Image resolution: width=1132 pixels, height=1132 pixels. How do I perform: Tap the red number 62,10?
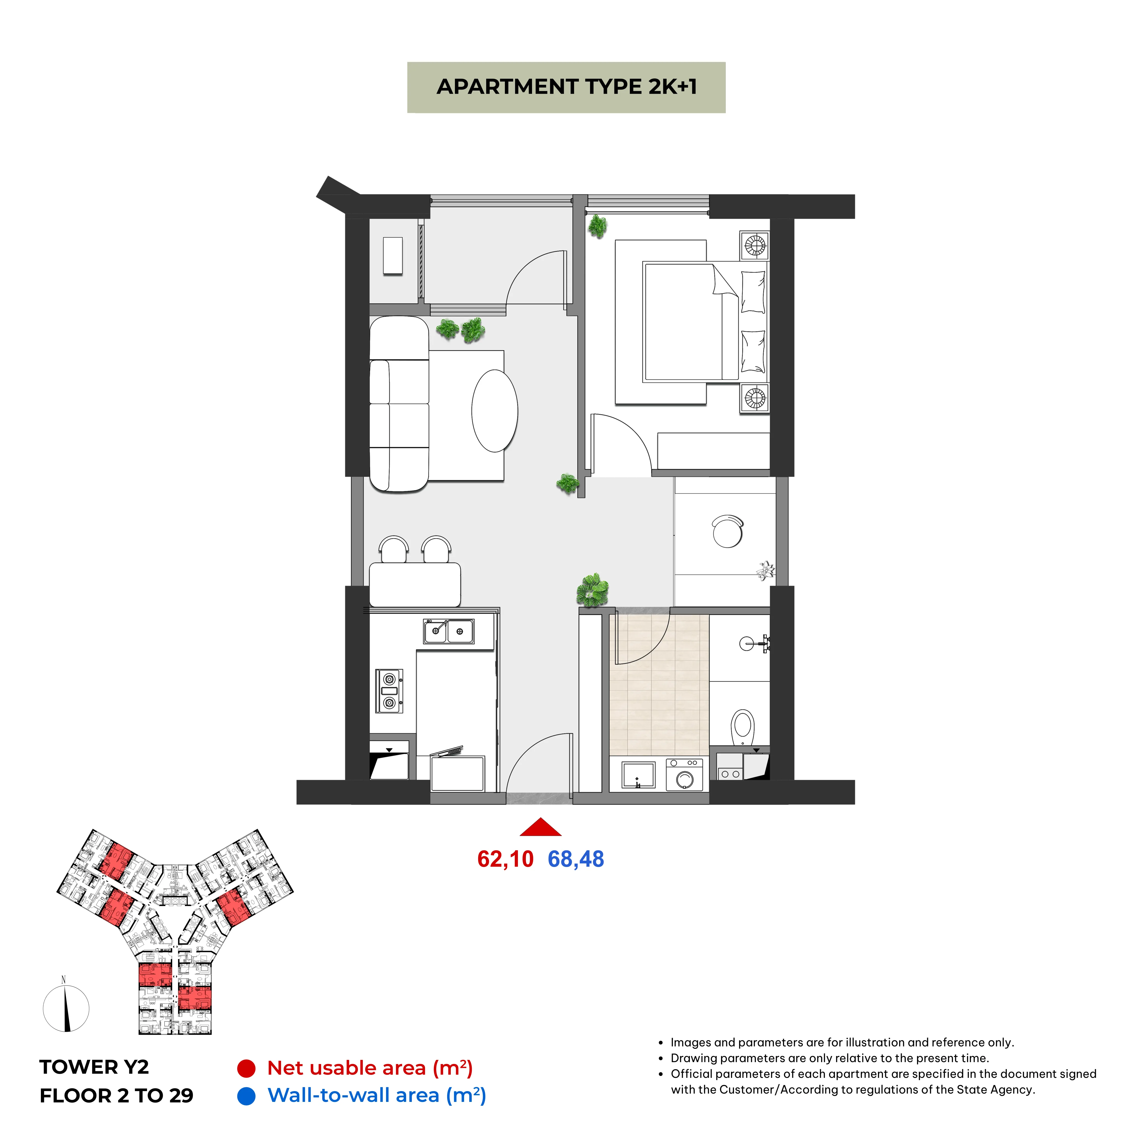tap(505, 859)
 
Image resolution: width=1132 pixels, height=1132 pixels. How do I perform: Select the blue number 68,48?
tap(575, 859)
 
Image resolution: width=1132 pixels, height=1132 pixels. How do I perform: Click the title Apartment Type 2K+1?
tap(567, 87)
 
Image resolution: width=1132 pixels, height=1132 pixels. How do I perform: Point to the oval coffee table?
tap(494, 411)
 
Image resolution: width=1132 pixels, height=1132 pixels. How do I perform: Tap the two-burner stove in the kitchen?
tap(389, 691)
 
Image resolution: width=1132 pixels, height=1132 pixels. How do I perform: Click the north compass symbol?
tap(66, 1008)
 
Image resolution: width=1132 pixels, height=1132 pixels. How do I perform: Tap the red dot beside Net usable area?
tap(246, 1068)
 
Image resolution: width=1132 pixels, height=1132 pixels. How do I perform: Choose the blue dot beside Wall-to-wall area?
tap(246, 1096)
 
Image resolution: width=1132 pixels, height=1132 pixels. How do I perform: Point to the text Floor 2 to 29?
tap(117, 1096)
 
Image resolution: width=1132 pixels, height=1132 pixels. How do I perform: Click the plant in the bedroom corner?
tap(598, 226)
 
